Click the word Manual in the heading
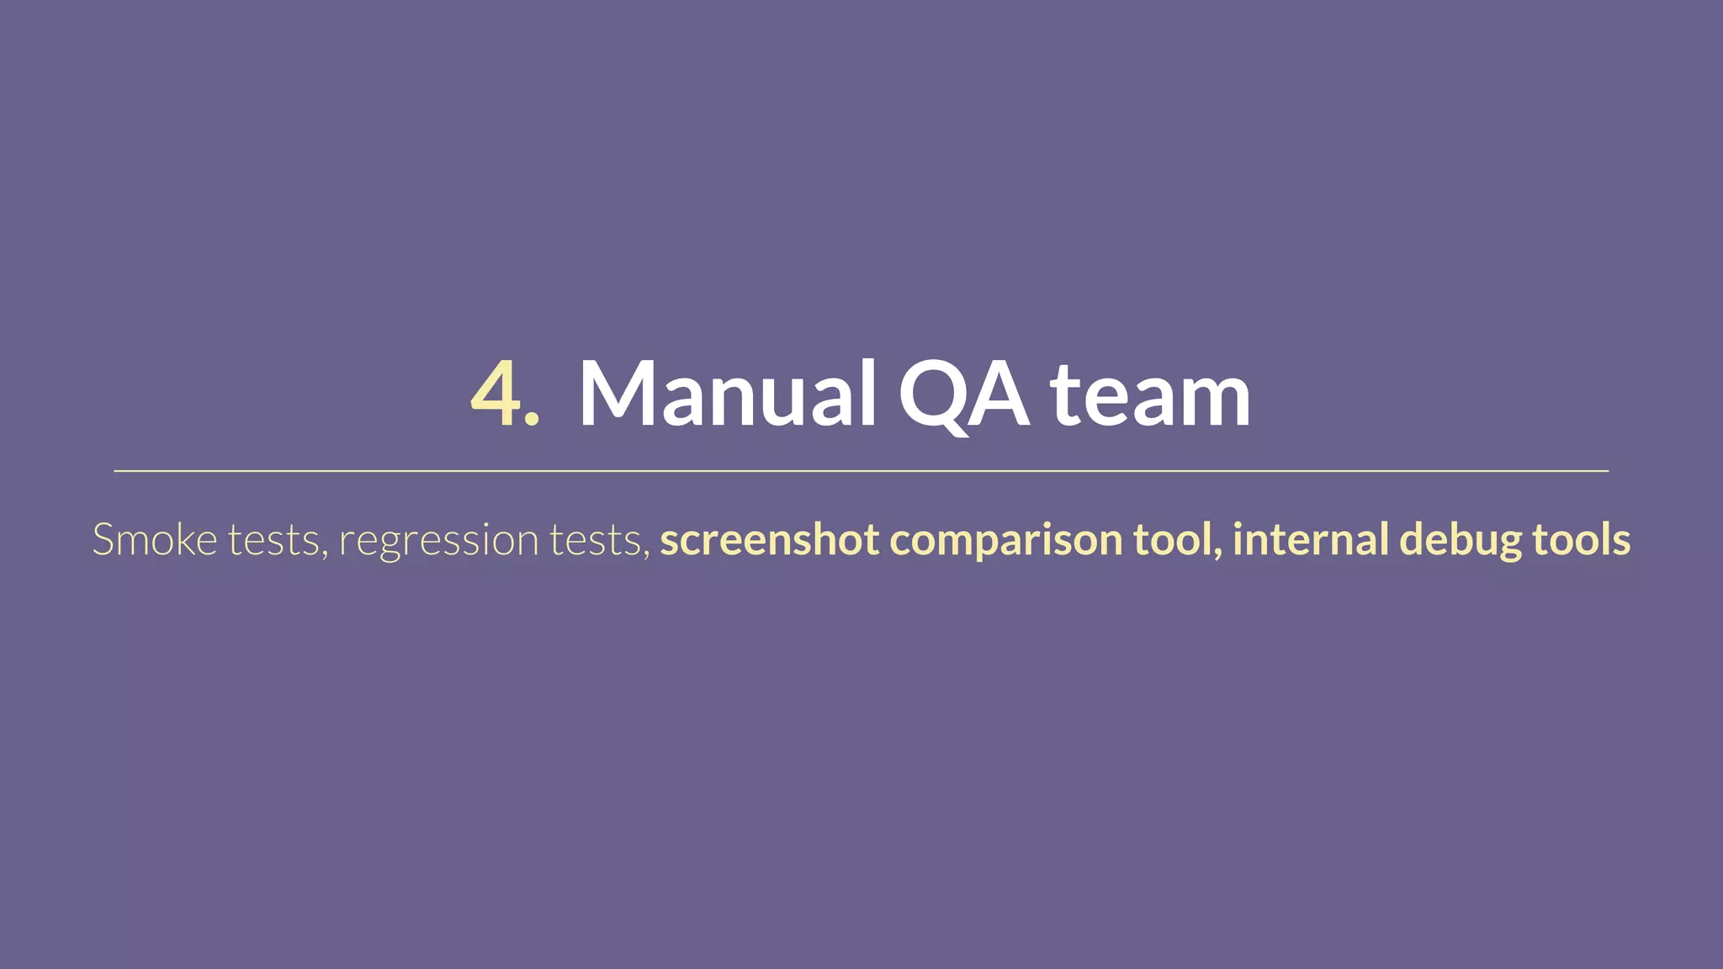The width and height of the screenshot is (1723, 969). click(x=728, y=394)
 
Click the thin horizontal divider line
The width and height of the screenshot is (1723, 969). click(x=861, y=471)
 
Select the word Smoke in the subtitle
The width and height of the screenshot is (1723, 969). click(x=155, y=539)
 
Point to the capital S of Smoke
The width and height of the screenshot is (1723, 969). click(x=103, y=539)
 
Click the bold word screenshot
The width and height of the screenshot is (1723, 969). click(x=770, y=539)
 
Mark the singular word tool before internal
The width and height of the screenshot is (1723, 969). click(x=1178, y=539)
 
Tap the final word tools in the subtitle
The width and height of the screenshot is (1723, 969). click(x=1582, y=539)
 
